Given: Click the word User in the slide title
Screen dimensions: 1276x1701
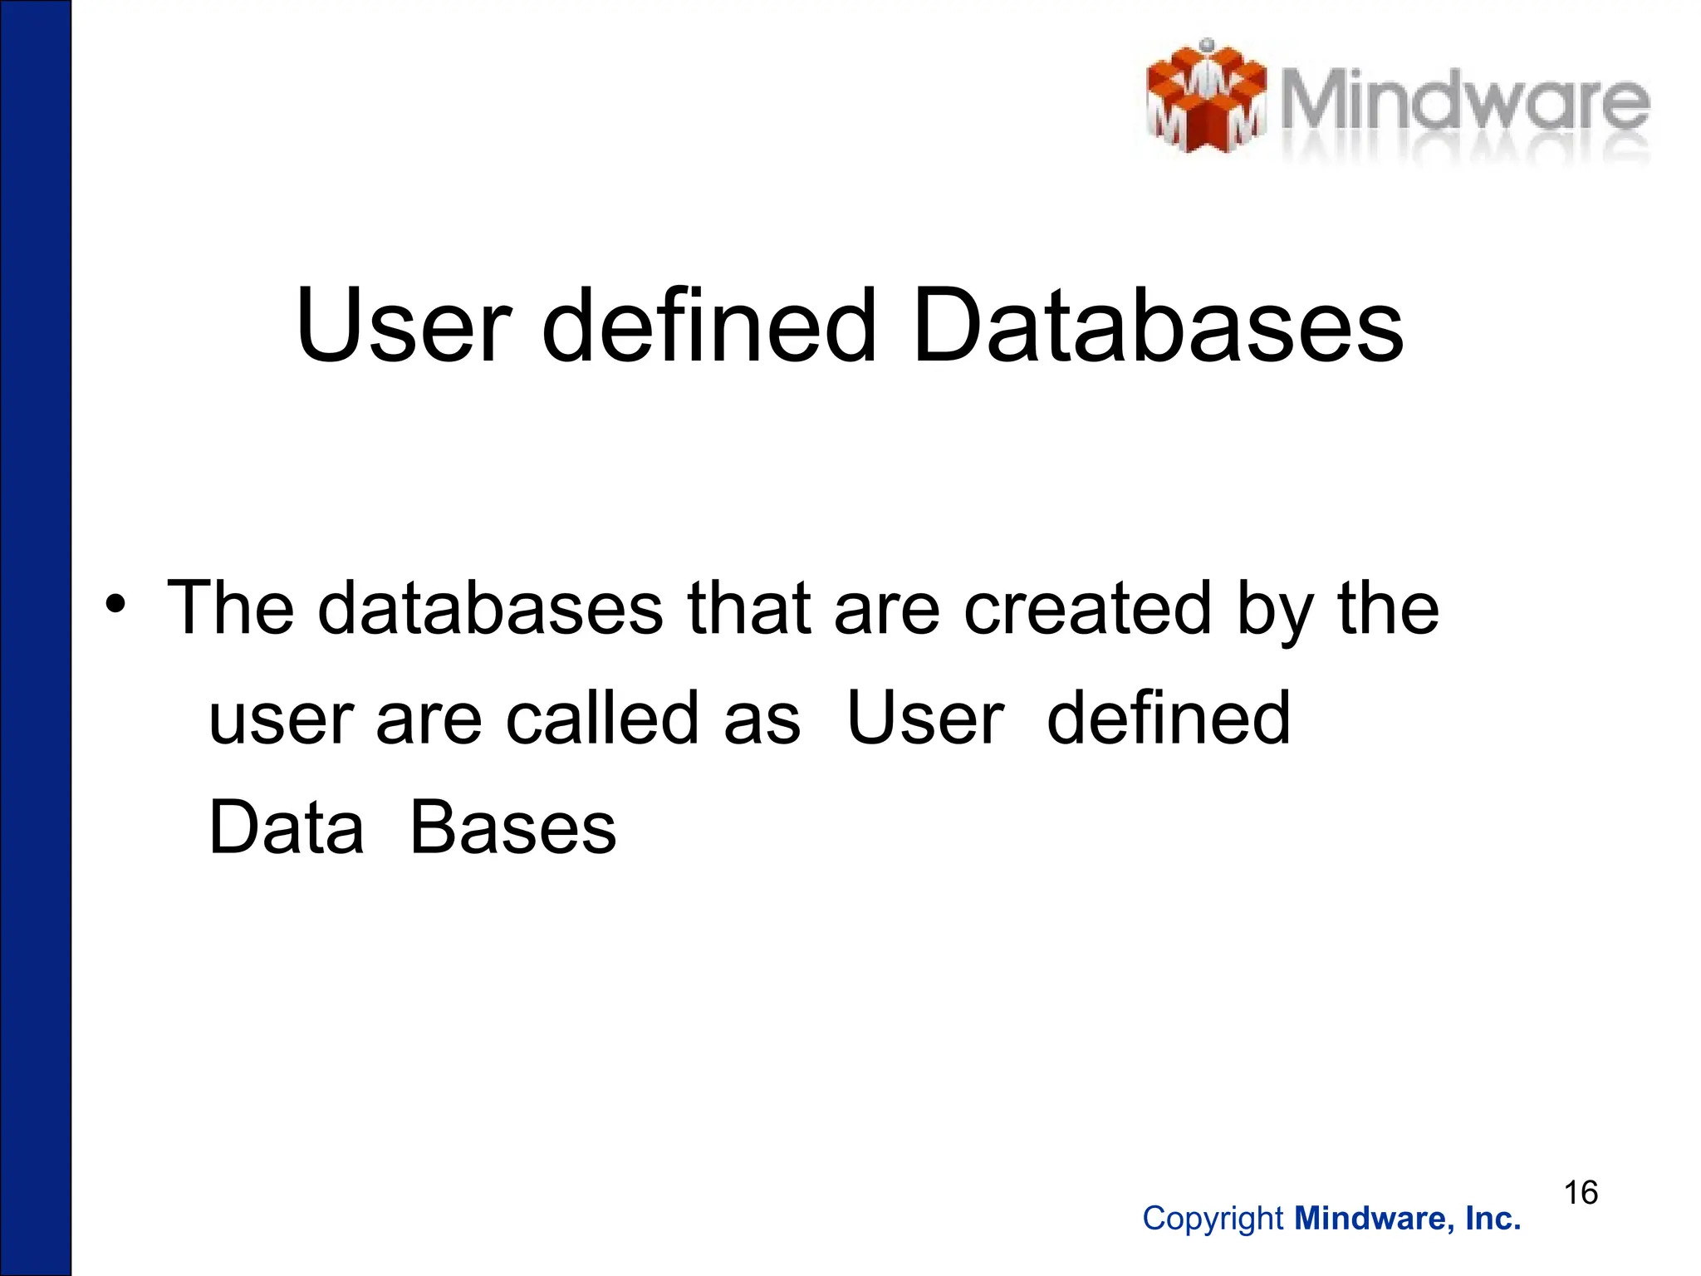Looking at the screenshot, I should point(404,326).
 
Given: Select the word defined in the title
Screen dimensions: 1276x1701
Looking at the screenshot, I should point(709,326).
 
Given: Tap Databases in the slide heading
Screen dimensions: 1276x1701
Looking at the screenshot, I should point(1158,326).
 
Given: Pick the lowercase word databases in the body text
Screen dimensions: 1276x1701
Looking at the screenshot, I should point(490,608).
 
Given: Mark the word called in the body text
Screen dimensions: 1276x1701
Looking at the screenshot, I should point(602,718).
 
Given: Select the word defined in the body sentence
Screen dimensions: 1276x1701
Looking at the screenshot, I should point(1168,718).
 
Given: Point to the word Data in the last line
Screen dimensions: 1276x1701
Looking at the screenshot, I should point(287,827).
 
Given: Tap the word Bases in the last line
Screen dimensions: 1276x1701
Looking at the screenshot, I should point(513,827).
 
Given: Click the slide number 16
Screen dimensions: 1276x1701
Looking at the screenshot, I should point(1581,1193).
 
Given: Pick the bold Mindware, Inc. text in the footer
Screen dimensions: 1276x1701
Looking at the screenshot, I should point(1408,1219).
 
